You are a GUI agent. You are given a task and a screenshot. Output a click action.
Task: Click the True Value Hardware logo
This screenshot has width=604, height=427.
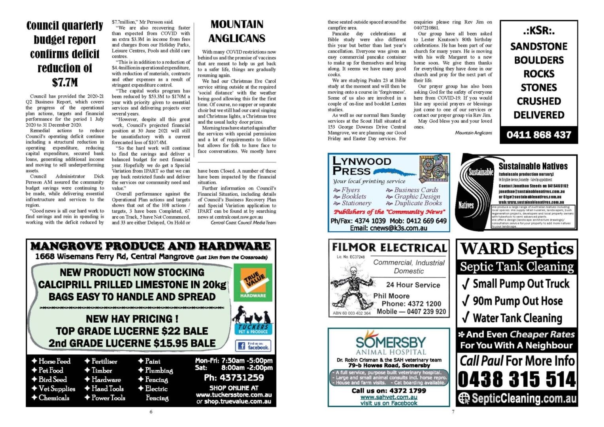(x=253, y=282)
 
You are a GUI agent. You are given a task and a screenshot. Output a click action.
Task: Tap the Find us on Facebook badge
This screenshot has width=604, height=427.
(x=253, y=346)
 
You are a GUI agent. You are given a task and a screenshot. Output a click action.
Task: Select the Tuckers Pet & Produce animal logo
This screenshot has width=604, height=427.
(x=253, y=320)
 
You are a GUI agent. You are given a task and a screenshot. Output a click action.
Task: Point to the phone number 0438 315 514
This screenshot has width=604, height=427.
(x=517, y=380)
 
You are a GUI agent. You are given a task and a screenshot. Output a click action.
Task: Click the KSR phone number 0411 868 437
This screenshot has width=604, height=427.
(x=539, y=135)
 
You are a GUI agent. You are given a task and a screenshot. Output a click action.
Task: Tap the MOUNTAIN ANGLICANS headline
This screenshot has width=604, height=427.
(x=237, y=31)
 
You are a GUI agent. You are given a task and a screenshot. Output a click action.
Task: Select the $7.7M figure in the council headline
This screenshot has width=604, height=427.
(x=65, y=83)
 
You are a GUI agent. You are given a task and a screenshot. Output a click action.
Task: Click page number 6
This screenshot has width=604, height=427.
(x=151, y=412)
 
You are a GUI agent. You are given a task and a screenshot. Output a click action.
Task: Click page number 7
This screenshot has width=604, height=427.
(x=453, y=412)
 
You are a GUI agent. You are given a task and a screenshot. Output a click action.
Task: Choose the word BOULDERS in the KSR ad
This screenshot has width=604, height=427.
(x=539, y=60)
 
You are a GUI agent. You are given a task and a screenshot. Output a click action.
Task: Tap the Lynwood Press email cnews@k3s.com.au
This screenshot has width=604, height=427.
(x=389, y=228)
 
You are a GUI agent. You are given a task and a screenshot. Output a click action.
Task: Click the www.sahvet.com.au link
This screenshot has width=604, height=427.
(x=389, y=397)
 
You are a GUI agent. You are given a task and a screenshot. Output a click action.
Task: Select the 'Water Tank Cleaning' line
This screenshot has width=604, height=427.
(x=517, y=318)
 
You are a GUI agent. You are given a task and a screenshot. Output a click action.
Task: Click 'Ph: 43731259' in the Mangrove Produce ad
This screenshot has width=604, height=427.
(x=234, y=378)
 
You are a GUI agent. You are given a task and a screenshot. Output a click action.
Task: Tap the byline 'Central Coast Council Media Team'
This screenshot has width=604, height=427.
(x=243, y=223)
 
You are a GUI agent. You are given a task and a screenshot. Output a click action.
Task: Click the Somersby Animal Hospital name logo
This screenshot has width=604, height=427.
(x=391, y=343)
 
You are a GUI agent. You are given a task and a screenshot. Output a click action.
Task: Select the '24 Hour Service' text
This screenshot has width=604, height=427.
(x=413, y=285)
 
